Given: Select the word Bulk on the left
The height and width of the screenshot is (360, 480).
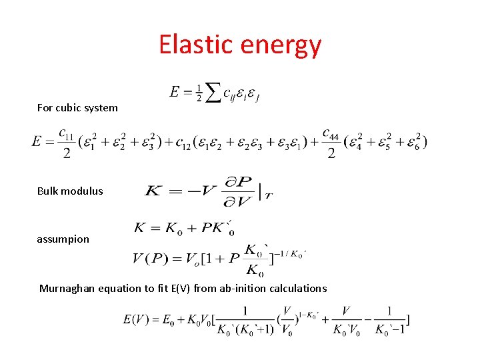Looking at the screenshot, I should [47, 191].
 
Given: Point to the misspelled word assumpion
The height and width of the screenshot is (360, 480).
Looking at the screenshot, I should [63, 239].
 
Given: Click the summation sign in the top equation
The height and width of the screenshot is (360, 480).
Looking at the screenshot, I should [211, 93].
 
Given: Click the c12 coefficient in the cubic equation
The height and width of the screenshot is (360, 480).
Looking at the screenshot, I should [181, 143].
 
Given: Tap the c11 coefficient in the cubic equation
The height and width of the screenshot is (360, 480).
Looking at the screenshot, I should [67, 134].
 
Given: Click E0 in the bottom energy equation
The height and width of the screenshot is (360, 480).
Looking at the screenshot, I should [169, 320].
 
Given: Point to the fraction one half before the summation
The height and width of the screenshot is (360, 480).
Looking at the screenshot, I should [198, 93].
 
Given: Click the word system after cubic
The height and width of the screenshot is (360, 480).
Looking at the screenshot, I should [101, 108].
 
